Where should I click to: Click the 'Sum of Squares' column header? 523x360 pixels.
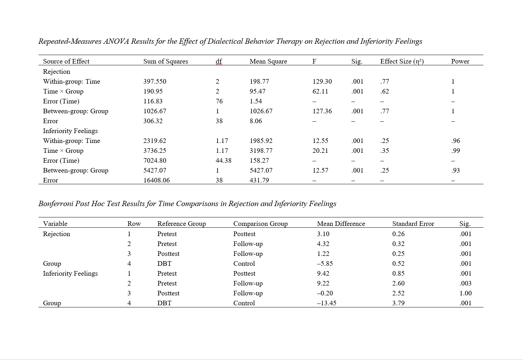(165, 61)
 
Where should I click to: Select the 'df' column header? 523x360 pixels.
(219, 61)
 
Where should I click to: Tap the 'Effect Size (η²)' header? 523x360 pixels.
(402, 61)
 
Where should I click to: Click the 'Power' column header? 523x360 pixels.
(460, 61)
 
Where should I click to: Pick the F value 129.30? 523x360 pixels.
(322, 82)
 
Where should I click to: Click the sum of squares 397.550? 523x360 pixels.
(154, 82)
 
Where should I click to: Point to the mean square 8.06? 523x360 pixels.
(256, 121)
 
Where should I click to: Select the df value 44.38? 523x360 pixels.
(223, 161)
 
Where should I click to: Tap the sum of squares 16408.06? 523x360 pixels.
(156, 180)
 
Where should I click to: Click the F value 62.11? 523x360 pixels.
(320, 91)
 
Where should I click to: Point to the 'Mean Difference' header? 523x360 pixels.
(341, 224)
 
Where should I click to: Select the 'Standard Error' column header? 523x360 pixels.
(413, 224)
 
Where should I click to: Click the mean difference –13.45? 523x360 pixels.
(326, 303)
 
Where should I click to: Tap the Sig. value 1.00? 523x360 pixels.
(465, 293)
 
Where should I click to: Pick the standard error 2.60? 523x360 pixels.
(398, 283)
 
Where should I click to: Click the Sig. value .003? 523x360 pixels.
(465, 283)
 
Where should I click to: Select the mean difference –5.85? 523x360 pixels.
(325, 264)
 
